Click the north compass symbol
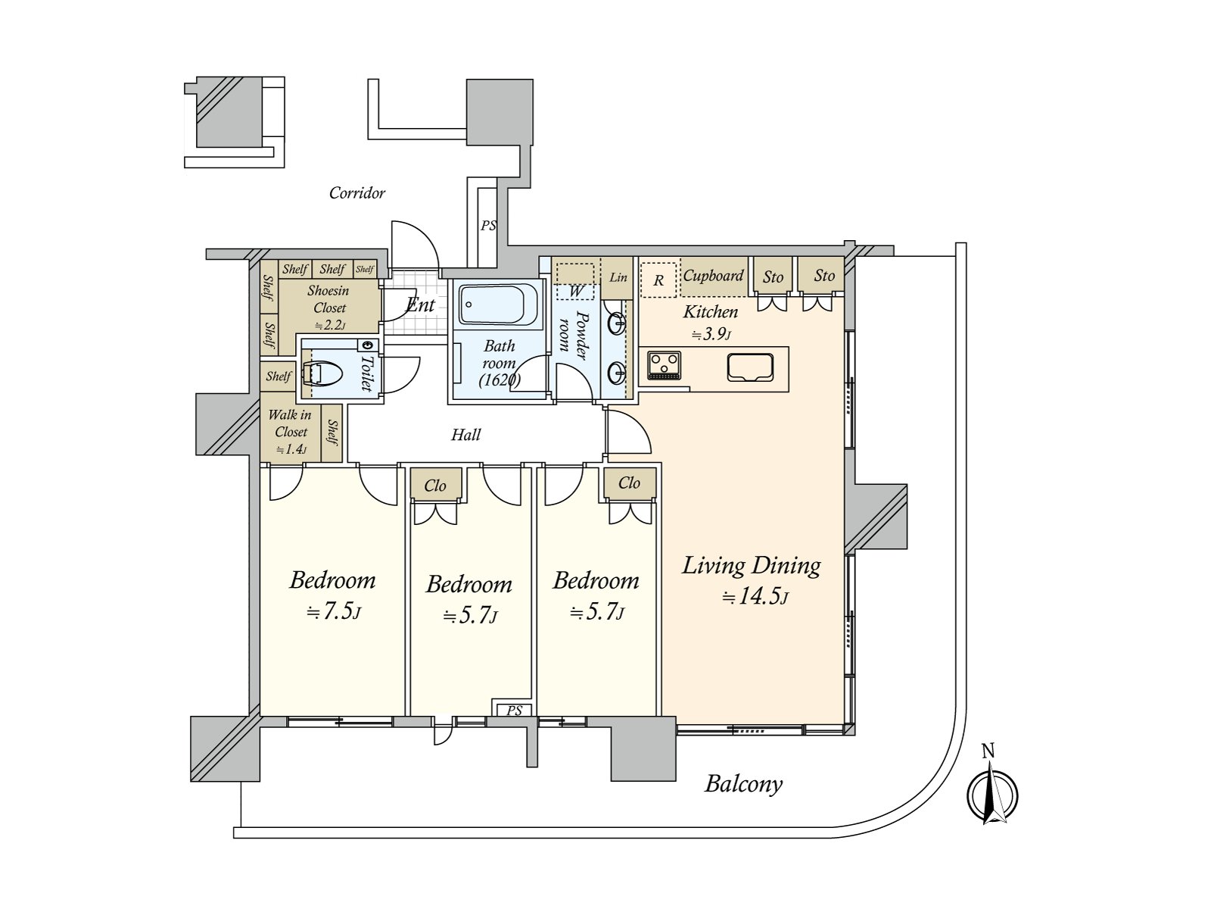(x=992, y=795)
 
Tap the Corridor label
(x=357, y=193)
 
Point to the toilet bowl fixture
(x=322, y=373)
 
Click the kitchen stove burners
(x=665, y=365)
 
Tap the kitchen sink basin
(x=749, y=367)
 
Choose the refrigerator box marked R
(x=658, y=280)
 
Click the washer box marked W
(x=575, y=282)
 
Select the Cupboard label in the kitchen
(x=714, y=276)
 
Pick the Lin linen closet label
(x=618, y=277)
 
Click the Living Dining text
(x=752, y=567)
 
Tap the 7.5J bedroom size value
(x=334, y=612)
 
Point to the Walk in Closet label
(x=290, y=423)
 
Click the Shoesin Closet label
(x=328, y=299)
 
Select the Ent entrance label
(x=420, y=305)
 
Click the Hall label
(x=465, y=435)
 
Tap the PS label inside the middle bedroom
(x=514, y=711)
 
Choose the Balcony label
(x=744, y=784)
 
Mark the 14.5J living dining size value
(x=755, y=597)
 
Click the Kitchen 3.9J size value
(x=711, y=334)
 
